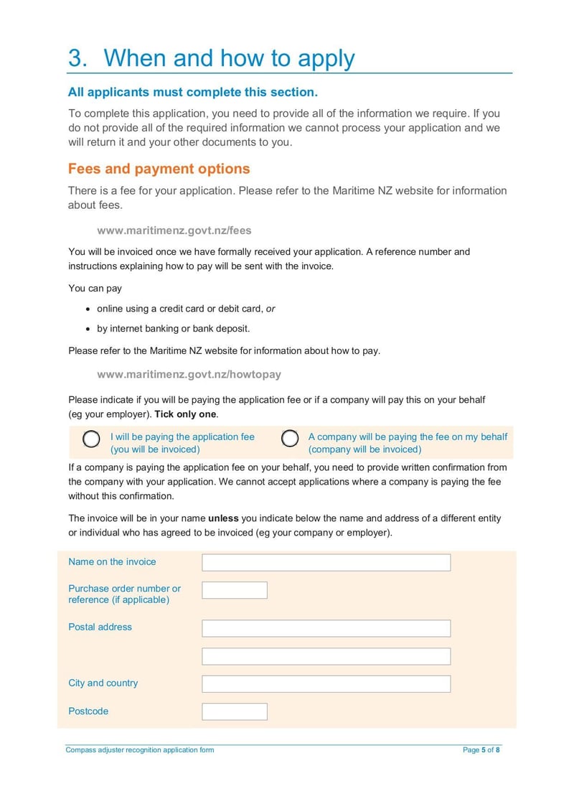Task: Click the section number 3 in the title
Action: click(x=76, y=58)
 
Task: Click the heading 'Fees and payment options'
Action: click(x=159, y=169)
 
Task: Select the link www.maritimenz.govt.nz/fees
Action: click(x=174, y=230)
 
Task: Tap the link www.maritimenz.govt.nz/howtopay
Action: click(x=189, y=374)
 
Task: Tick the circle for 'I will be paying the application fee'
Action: click(x=91, y=439)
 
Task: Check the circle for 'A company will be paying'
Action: click(x=290, y=439)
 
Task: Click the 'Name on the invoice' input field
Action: click(x=326, y=562)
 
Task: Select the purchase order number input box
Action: click(x=234, y=590)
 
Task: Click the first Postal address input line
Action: click(x=326, y=628)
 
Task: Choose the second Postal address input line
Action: click(x=326, y=656)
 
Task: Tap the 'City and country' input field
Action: click(x=326, y=683)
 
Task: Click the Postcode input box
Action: click(x=234, y=711)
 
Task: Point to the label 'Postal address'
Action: click(x=100, y=627)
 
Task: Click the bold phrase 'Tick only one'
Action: click(x=185, y=415)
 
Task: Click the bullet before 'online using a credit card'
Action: click(x=88, y=309)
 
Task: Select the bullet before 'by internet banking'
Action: click(x=88, y=330)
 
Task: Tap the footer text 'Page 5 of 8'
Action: click(x=481, y=750)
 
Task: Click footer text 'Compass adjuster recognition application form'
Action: click(x=140, y=750)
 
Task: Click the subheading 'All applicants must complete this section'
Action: click(x=192, y=92)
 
